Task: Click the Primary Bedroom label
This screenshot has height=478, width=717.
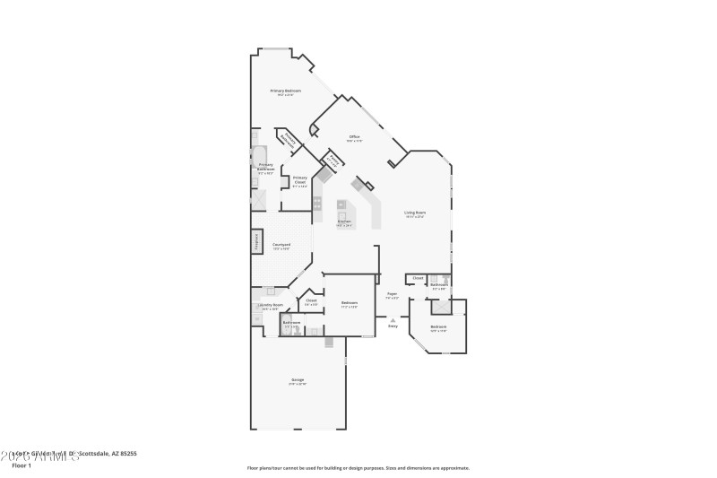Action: click(x=287, y=91)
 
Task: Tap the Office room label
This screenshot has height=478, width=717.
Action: click(x=354, y=136)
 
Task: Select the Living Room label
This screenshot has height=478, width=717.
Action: click(x=414, y=213)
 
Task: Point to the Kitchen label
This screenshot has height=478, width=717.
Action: click(x=344, y=222)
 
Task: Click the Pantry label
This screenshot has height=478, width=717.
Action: click(x=333, y=162)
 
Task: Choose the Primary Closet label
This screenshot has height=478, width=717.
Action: click(x=299, y=179)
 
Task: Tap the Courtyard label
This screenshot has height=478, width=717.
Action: click(x=281, y=245)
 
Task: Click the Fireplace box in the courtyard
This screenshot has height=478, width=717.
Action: click(x=255, y=242)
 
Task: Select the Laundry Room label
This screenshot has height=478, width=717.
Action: click(x=270, y=306)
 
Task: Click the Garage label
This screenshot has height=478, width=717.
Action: click(x=297, y=380)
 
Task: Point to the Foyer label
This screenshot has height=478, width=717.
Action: click(x=392, y=293)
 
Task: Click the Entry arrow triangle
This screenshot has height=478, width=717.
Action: click(x=393, y=318)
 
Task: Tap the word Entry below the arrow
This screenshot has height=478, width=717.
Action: click(x=393, y=326)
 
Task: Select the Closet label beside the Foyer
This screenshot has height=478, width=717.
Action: click(x=418, y=278)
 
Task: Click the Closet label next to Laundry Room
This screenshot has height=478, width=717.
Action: click(x=311, y=300)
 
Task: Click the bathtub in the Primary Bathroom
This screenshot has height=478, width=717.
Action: click(x=260, y=152)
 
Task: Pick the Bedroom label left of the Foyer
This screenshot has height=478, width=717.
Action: click(x=350, y=303)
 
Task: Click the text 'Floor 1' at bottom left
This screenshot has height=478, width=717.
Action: click(x=22, y=465)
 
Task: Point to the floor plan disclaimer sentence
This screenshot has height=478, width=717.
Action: click(x=358, y=467)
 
